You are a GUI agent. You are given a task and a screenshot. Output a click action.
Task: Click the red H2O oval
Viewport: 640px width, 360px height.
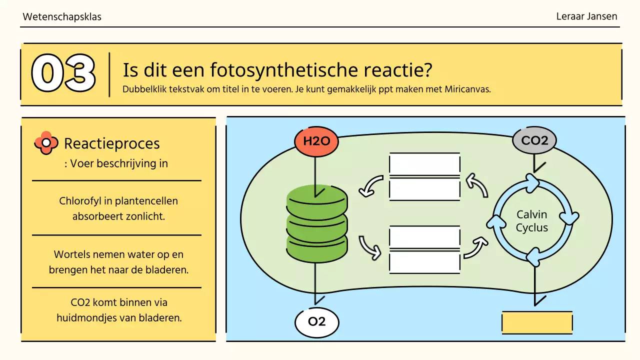(316, 141)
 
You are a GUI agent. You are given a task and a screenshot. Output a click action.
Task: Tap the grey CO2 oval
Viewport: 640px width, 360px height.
(534, 140)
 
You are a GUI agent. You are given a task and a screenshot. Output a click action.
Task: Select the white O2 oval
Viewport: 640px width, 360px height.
(316, 321)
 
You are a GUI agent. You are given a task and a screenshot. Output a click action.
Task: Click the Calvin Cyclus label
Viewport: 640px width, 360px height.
(531, 221)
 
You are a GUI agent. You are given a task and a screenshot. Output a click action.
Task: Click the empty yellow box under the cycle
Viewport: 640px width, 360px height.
(536, 322)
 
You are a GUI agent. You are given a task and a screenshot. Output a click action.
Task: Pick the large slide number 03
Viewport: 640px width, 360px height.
(63, 73)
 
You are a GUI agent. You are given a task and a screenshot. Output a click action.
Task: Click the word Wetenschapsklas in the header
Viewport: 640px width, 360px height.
(62, 17)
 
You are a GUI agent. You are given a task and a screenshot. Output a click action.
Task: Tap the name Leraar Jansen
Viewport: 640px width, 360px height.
(586, 16)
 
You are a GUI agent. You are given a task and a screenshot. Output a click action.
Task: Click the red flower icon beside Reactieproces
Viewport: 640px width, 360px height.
(46, 143)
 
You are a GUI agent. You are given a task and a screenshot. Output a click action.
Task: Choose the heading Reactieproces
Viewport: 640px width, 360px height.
(112, 143)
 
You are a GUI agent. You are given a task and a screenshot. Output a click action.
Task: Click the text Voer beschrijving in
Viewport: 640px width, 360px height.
(119, 163)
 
